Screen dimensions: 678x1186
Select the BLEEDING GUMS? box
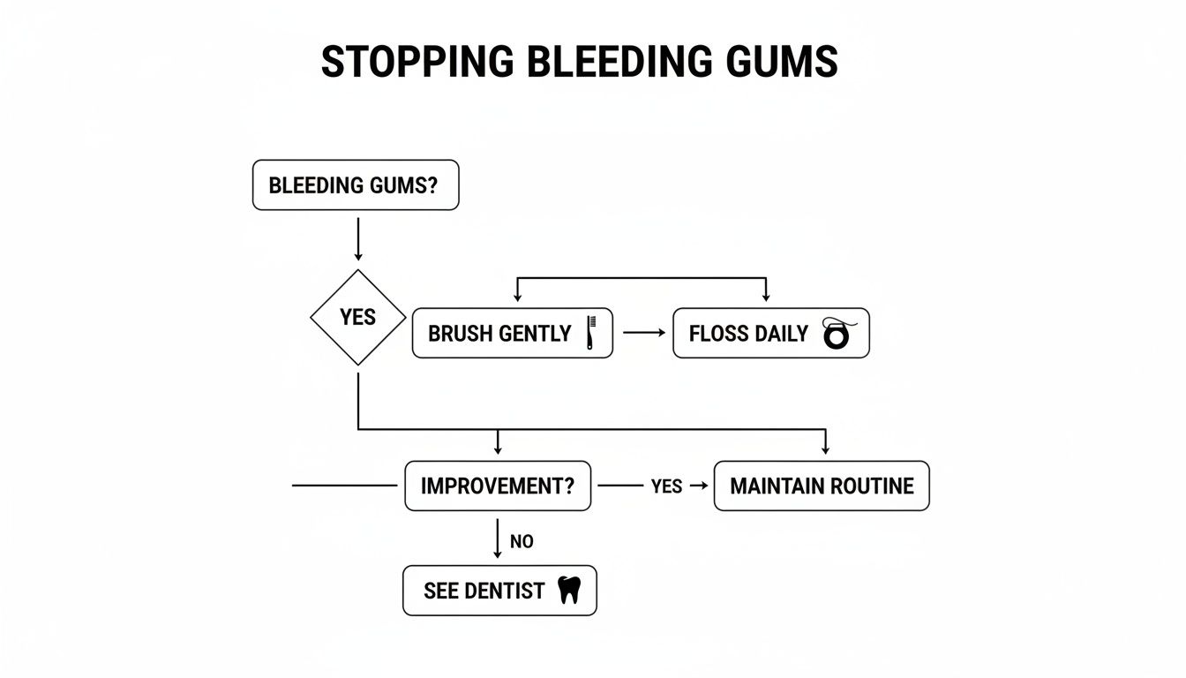point(356,185)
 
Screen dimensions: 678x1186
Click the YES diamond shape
point(357,317)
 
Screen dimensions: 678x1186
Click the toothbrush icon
point(591,333)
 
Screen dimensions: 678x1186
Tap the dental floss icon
point(835,335)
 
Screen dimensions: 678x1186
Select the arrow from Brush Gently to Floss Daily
point(642,334)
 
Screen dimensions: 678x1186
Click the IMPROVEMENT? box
point(498,486)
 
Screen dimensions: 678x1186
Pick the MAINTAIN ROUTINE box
point(822,486)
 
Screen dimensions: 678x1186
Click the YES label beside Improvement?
point(666,486)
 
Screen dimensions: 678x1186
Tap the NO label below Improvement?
point(522,541)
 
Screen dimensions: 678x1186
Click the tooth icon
point(570,591)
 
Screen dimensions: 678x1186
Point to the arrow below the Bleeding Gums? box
point(357,238)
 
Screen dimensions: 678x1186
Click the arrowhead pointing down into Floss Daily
point(765,297)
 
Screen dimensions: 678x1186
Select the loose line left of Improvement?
point(344,486)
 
